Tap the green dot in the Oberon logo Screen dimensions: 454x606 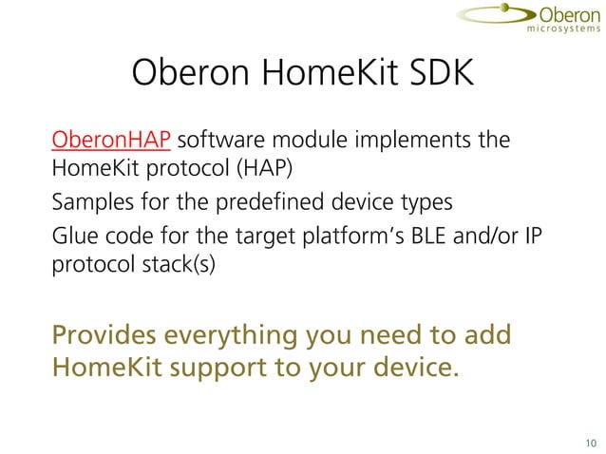(519, 11)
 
